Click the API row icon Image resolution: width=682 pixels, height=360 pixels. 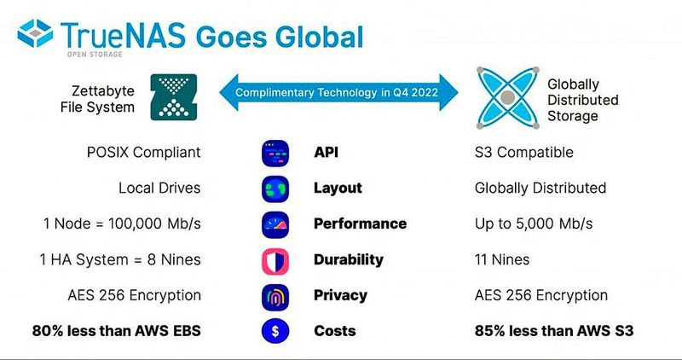(x=275, y=153)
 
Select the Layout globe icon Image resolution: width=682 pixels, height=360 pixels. (x=275, y=189)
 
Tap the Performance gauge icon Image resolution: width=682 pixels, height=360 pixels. (x=275, y=224)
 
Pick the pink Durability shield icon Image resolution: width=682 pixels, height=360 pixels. (x=275, y=259)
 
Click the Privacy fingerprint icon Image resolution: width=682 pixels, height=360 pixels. (x=275, y=295)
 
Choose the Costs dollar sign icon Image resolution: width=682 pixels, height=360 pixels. (x=275, y=331)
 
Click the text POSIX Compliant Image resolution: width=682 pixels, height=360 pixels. (x=143, y=153)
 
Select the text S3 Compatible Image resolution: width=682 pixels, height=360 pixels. (x=523, y=153)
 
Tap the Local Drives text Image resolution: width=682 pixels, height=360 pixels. (x=159, y=188)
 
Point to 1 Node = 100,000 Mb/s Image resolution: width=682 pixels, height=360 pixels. (x=122, y=224)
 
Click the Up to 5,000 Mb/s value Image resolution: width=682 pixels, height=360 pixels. (x=534, y=224)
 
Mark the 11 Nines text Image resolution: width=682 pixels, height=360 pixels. (x=502, y=259)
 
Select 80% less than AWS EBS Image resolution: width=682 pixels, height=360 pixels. (x=117, y=331)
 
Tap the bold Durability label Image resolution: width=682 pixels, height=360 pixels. (x=349, y=259)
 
